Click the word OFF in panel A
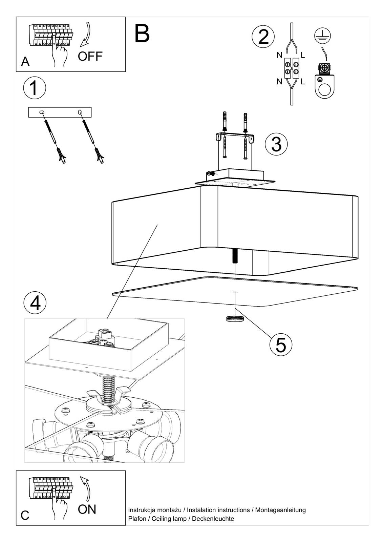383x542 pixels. click(90, 56)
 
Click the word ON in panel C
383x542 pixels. click(87, 509)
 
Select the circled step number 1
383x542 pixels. click(34, 88)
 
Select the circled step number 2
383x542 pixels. click(263, 37)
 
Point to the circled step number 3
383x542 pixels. click(276, 144)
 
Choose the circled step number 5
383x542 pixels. click(281, 345)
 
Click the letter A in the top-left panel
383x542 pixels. click(25, 62)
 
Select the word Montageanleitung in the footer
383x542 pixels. click(280, 510)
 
